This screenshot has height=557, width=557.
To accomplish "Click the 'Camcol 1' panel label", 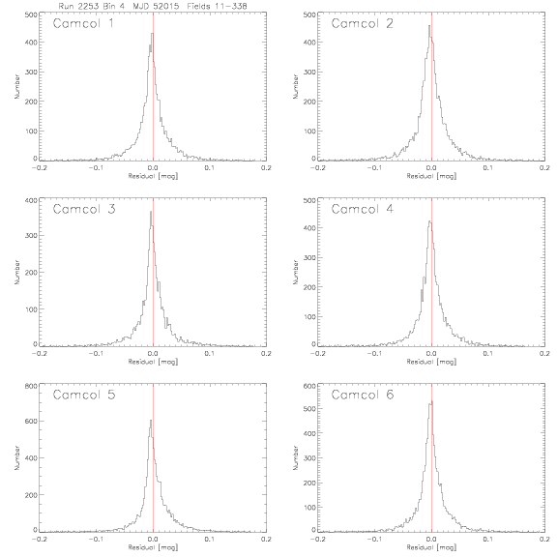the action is tap(83, 23).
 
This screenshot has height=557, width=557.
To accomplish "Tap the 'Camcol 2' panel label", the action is tap(362, 23).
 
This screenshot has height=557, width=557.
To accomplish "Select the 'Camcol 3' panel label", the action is tap(84, 209).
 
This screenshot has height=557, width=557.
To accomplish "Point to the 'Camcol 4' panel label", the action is tap(363, 209).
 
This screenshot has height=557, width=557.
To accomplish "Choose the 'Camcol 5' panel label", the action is tap(84, 395).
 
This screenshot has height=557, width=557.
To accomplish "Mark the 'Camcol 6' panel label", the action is tap(363, 395).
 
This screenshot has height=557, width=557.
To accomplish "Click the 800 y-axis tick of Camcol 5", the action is tap(31, 386).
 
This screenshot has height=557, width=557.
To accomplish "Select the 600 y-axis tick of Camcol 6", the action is tap(309, 386).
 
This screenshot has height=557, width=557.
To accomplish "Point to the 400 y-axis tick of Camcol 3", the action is tap(31, 200).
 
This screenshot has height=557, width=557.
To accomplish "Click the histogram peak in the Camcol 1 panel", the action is tap(153, 34).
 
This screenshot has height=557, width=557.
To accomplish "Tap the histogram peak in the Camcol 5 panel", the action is tap(151, 421).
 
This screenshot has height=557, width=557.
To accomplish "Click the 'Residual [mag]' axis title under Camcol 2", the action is tap(431, 176).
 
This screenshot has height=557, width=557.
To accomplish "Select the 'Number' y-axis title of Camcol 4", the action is tap(296, 272).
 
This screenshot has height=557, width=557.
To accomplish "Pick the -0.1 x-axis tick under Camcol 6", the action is tap(375, 540).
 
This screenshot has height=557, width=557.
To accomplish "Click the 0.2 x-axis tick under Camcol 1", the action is tap(267, 167).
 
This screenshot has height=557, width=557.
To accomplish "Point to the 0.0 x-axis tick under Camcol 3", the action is tap(153, 354).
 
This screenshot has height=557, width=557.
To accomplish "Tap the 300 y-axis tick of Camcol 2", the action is tap(309, 72).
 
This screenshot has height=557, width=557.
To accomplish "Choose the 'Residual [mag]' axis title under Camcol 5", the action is tap(153, 547).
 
